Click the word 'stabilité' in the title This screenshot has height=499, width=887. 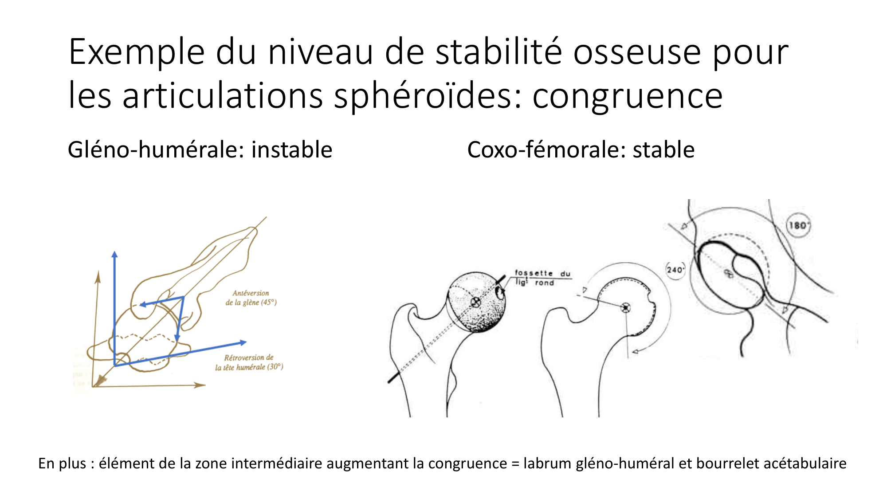coord(498,52)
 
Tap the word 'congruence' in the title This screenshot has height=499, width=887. coord(627,97)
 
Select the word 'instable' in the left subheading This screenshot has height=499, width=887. coord(291,149)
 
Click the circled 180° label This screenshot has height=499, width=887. coord(798,225)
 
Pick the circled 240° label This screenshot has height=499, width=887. coord(675,269)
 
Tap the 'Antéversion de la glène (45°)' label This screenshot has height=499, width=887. coord(251,298)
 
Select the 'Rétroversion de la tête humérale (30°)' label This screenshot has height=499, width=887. coord(249,362)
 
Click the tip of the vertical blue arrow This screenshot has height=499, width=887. coord(114,254)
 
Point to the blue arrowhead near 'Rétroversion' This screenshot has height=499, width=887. coord(243,342)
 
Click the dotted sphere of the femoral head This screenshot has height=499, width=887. coord(483,315)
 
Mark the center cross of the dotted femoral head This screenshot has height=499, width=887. coord(475,303)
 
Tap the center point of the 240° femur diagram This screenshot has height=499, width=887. coord(625,307)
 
